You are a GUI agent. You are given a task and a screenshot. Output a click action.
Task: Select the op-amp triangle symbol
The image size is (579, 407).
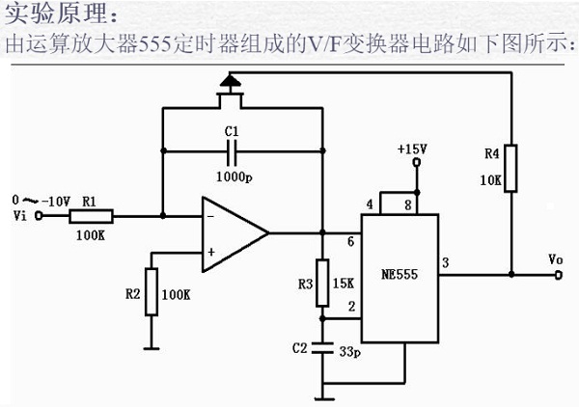pyautogui.click(x=233, y=233)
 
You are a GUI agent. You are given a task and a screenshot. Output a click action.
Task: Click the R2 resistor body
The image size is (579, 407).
pyautogui.click(x=150, y=292)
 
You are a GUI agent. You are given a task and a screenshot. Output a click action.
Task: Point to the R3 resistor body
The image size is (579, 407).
pyautogui.click(x=322, y=283)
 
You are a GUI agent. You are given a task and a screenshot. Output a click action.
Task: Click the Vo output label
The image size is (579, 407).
pyautogui.click(x=555, y=259)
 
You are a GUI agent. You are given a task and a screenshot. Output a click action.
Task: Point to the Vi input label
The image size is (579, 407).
pyautogui.click(x=19, y=217)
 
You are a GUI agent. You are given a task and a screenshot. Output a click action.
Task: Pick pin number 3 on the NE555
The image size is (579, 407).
pyautogui.click(x=445, y=262)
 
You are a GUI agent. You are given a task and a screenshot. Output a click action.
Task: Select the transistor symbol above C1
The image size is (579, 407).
pyautogui.click(x=229, y=89)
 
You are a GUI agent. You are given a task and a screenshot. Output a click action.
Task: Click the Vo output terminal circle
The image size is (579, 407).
pyautogui.click(x=560, y=275)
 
